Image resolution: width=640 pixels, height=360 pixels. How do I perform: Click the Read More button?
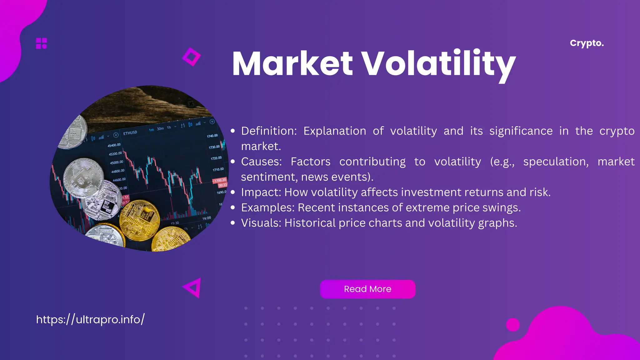pyautogui.click(x=367, y=289)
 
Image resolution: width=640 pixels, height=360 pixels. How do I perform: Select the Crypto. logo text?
pyautogui.click(x=587, y=43)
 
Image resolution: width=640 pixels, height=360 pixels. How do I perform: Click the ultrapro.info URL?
pyautogui.click(x=90, y=319)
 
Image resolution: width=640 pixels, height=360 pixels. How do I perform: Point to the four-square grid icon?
pyautogui.click(x=41, y=43)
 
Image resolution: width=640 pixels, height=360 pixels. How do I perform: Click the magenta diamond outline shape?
pyautogui.click(x=191, y=57)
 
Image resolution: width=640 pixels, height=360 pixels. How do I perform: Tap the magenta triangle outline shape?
pyautogui.click(x=193, y=287)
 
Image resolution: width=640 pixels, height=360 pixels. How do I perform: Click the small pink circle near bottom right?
pyautogui.click(x=512, y=325)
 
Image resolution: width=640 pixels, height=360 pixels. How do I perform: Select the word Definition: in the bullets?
pyautogui.click(x=269, y=131)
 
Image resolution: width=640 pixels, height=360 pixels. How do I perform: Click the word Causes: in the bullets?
pyautogui.click(x=261, y=162)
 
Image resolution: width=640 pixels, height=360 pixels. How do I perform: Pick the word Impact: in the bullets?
pyautogui.click(x=261, y=192)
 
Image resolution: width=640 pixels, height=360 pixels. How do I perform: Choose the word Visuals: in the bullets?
pyautogui.click(x=261, y=223)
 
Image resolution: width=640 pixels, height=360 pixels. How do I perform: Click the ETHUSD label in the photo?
pyautogui.click(x=130, y=133)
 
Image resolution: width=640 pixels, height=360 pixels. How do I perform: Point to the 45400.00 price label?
pyautogui.click(x=114, y=145)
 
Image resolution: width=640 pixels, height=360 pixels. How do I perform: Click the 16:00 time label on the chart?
pyautogui.click(x=207, y=218)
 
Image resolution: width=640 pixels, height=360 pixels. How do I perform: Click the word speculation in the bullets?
pyautogui.click(x=556, y=162)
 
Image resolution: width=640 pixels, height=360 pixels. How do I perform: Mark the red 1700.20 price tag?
pyautogui.click(x=220, y=180)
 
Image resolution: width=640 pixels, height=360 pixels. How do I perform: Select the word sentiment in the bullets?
pyautogui.click(x=269, y=177)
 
